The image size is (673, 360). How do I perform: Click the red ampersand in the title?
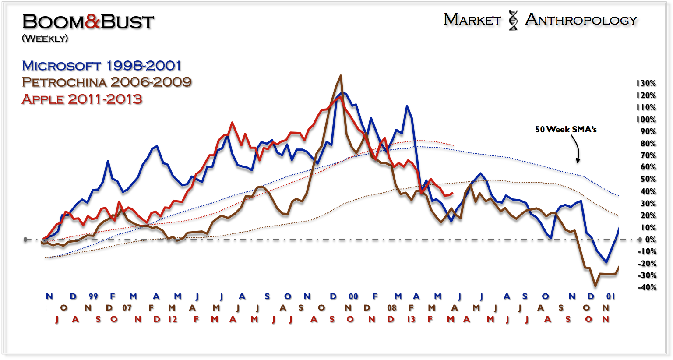tap(93, 22)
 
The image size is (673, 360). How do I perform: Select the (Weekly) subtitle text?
tap(45, 39)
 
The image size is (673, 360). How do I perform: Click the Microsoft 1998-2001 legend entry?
tap(102, 66)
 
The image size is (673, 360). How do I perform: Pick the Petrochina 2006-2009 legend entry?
tap(106, 82)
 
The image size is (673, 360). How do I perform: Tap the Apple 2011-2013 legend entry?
tap(82, 99)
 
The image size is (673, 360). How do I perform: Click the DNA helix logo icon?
tap(513, 20)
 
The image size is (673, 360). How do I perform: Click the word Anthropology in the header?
tap(581, 20)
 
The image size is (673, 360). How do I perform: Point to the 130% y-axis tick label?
tap(646, 83)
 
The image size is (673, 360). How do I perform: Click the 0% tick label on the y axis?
tap(650, 240)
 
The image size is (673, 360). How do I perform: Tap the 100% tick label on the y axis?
tap(646, 120)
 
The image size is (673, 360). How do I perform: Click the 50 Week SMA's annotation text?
tap(566, 129)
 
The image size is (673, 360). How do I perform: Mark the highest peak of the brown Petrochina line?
tap(341, 76)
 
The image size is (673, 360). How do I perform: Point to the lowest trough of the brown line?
tap(595, 286)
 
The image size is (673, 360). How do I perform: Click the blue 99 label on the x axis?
tap(93, 296)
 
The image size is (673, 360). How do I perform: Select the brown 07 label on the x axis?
tap(127, 308)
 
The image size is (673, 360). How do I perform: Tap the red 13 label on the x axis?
tap(411, 319)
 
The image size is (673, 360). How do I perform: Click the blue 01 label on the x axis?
tap(611, 296)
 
